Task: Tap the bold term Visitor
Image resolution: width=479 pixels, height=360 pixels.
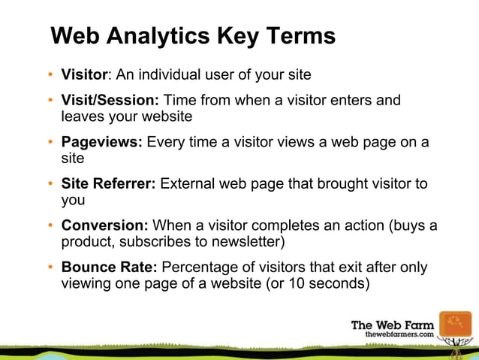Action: (86, 75)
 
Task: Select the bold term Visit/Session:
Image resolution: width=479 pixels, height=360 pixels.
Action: (110, 100)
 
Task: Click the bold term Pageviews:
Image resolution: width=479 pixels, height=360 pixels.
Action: (101, 142)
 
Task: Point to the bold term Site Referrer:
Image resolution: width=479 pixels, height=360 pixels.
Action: (108, 184)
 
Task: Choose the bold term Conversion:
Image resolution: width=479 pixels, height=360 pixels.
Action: (105, 225)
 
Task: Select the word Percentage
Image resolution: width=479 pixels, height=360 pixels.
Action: (199, 268)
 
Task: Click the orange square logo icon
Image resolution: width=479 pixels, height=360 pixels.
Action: (455, 327)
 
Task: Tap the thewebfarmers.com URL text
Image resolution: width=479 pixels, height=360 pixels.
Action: (399, 333)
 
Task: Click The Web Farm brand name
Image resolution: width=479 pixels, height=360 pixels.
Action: (393, 324)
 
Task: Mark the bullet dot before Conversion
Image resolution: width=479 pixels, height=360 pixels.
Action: (51, 226)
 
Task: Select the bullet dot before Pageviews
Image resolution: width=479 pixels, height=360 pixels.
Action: (51, 143)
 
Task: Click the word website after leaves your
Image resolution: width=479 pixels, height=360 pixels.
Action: (167, 117)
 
